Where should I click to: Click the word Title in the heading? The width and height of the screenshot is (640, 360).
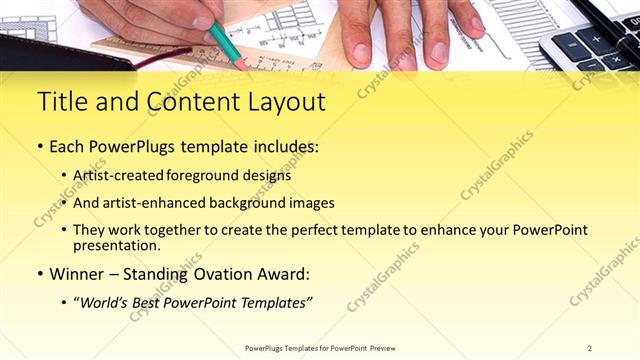coord(62,103)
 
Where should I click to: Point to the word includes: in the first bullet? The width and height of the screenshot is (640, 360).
coord(281,147)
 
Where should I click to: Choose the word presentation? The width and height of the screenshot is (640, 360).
coord(116,245)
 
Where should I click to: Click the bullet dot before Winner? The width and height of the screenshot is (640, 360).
coord(40,274)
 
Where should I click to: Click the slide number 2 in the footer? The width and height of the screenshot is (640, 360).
coord(590,348)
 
